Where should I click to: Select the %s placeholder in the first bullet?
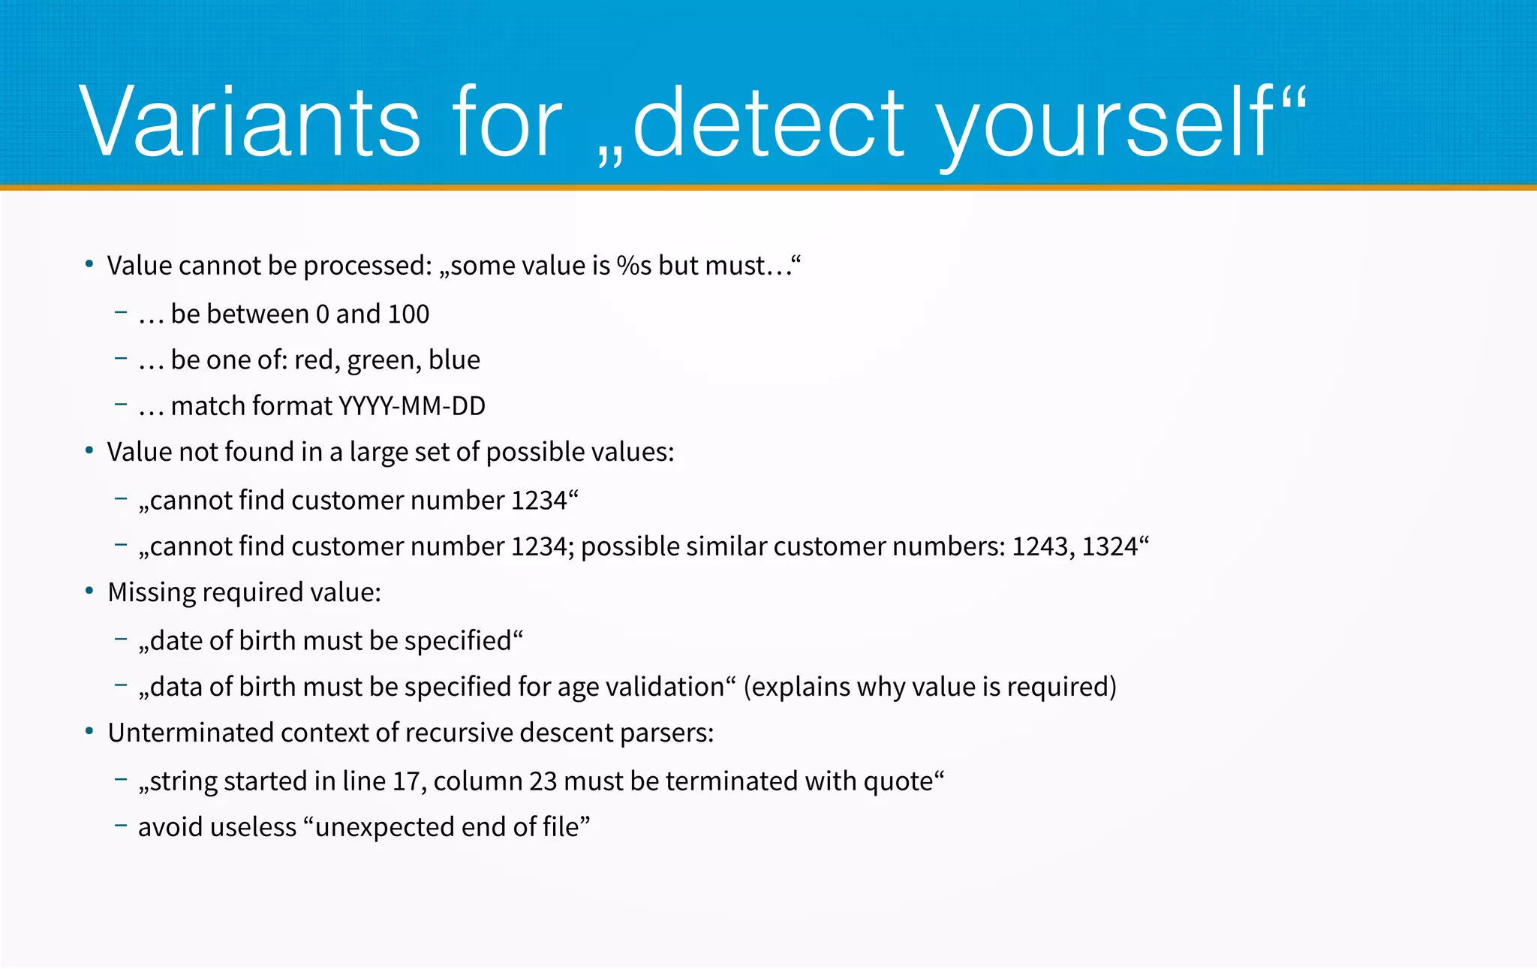click(633, 266)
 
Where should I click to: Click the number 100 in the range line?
click(408, 314)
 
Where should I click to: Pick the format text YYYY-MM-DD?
click(412, 406)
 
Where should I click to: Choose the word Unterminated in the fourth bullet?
click(191, 733)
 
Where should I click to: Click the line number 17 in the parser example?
click(406, 781)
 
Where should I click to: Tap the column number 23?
click(543, 781)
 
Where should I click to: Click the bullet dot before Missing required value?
click(89, 591)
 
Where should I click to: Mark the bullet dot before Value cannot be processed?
click(89, 264)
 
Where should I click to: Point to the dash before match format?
click(121, 405)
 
